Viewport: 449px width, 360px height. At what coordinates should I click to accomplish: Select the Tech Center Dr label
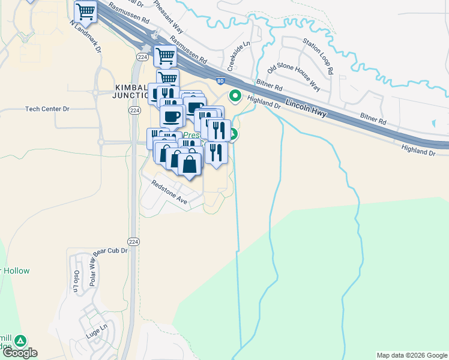48,109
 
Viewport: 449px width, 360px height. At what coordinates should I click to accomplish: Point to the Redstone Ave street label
169,194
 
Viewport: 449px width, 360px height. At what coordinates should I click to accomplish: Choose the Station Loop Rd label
318,56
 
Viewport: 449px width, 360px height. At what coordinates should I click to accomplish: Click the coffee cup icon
172,116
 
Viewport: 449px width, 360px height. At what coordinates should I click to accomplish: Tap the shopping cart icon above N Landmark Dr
86,11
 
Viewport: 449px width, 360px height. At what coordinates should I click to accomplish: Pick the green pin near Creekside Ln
235,95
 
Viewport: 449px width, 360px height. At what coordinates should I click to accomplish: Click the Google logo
20,353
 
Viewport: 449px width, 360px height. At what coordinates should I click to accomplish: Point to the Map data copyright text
412,355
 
